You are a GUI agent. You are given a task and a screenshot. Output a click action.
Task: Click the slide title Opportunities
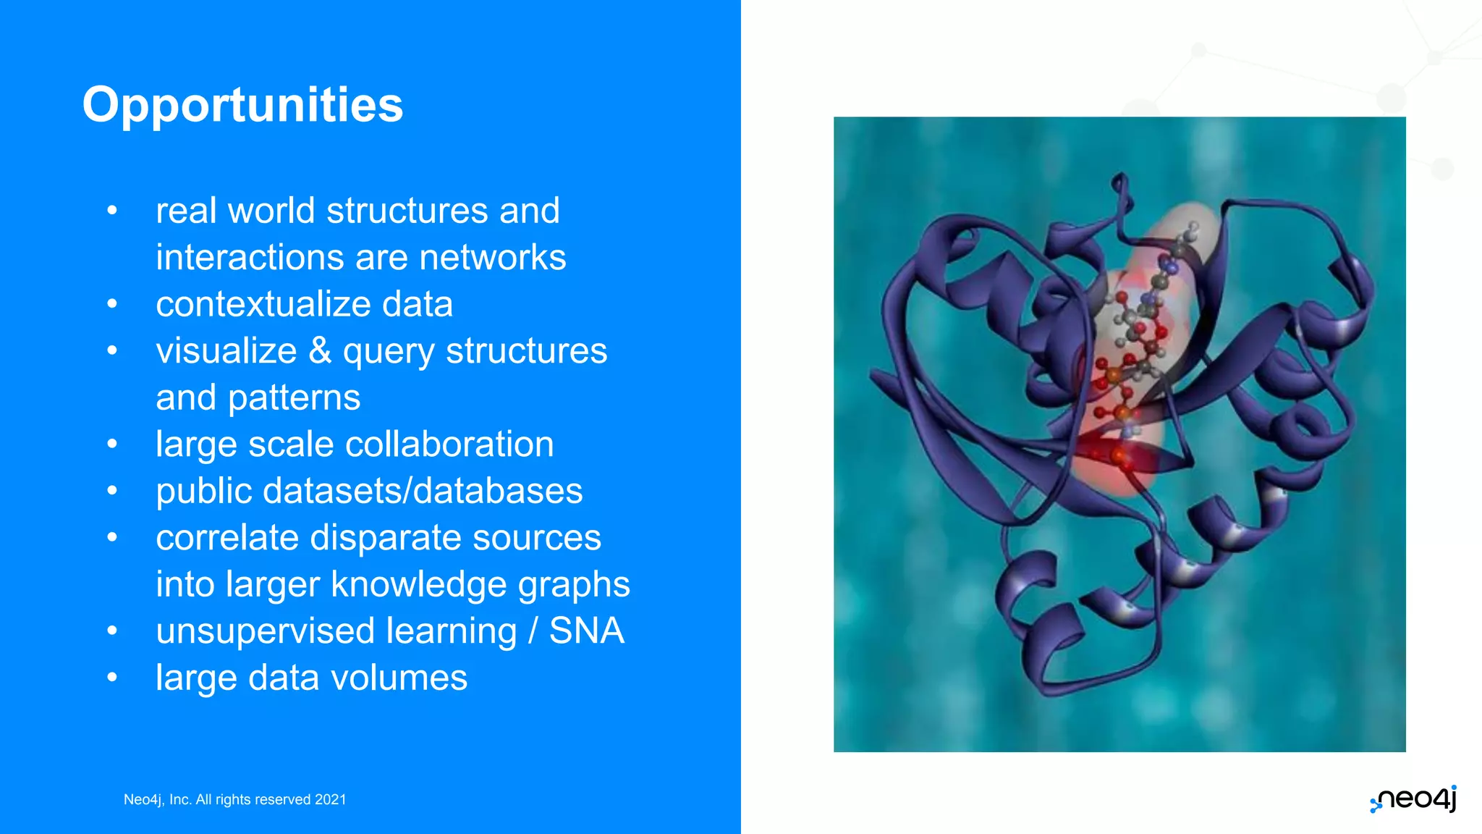[x=242, y=105]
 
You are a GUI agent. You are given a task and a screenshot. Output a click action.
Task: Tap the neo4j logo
[x=1414, y=799]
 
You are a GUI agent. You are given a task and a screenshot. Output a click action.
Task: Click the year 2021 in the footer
[x=331, y=799]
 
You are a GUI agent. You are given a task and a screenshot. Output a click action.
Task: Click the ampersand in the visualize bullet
[x=320, y=351]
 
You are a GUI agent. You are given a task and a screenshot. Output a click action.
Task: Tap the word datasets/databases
[x=423, y=491]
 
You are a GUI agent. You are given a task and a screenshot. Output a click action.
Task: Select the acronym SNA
[x=586, y=631]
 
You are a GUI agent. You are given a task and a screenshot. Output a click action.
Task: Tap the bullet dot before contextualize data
[x=112, y=304]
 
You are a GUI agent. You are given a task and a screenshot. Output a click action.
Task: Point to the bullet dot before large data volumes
[x=112, y=678]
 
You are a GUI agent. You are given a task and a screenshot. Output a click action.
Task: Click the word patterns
[x=294, y=398]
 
